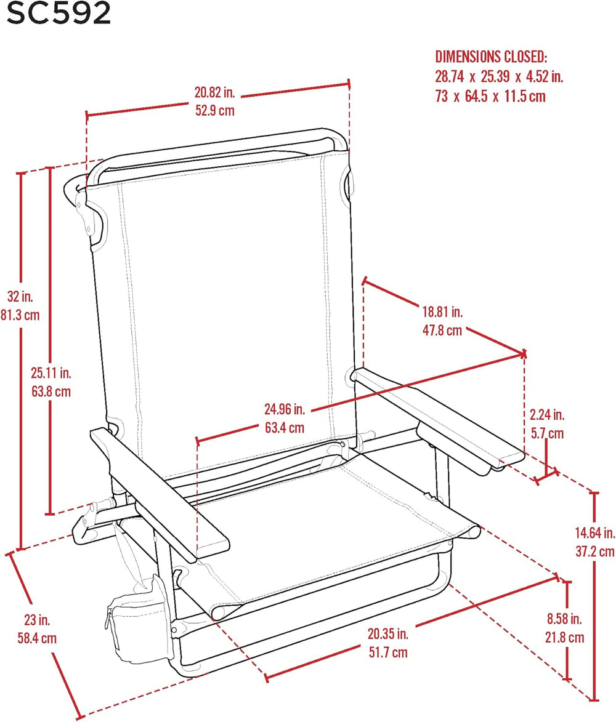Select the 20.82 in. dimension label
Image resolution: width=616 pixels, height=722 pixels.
(x=215, y=92)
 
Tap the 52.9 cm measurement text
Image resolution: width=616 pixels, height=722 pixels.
(x=215, y=111)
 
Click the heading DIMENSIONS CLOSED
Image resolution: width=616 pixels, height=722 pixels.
(x=491, y=57)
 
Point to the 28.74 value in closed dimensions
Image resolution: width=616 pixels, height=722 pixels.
(x=450, y=76)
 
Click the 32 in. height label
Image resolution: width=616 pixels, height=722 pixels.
(x=20, y=296)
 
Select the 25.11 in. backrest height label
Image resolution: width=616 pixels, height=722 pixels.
(x=51, y=372)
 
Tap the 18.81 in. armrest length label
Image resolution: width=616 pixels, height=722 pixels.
(x=442, y=311)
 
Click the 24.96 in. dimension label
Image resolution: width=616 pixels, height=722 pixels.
(x=284, y=409)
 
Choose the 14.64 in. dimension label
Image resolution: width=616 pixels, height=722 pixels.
(x=595, y=533)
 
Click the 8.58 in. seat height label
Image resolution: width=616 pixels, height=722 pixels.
(x=564, y=619)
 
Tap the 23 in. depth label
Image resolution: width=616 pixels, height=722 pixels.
(x=37, y=620)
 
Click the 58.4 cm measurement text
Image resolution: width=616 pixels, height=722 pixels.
(x=37, y=638)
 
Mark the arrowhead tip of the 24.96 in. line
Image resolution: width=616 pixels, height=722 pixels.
(x=526, y=353)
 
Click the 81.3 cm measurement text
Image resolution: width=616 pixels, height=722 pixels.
(x=20, y=315)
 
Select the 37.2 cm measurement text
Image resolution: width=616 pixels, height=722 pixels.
(x=595, y=551)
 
